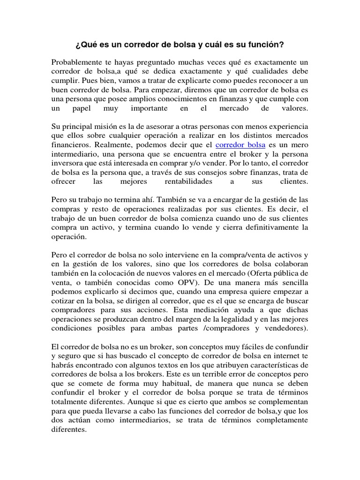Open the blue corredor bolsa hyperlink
pos(240,145)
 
